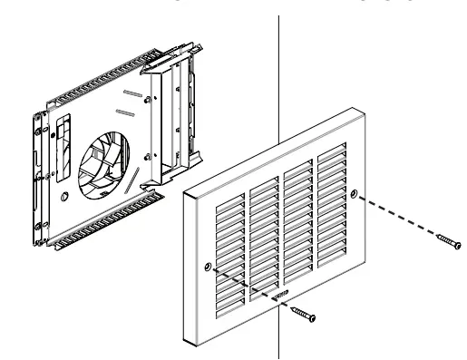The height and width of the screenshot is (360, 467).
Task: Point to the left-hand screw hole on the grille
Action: click(x=209, y=267)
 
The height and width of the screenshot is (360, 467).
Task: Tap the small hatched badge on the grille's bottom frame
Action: click(x=281, y=295)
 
